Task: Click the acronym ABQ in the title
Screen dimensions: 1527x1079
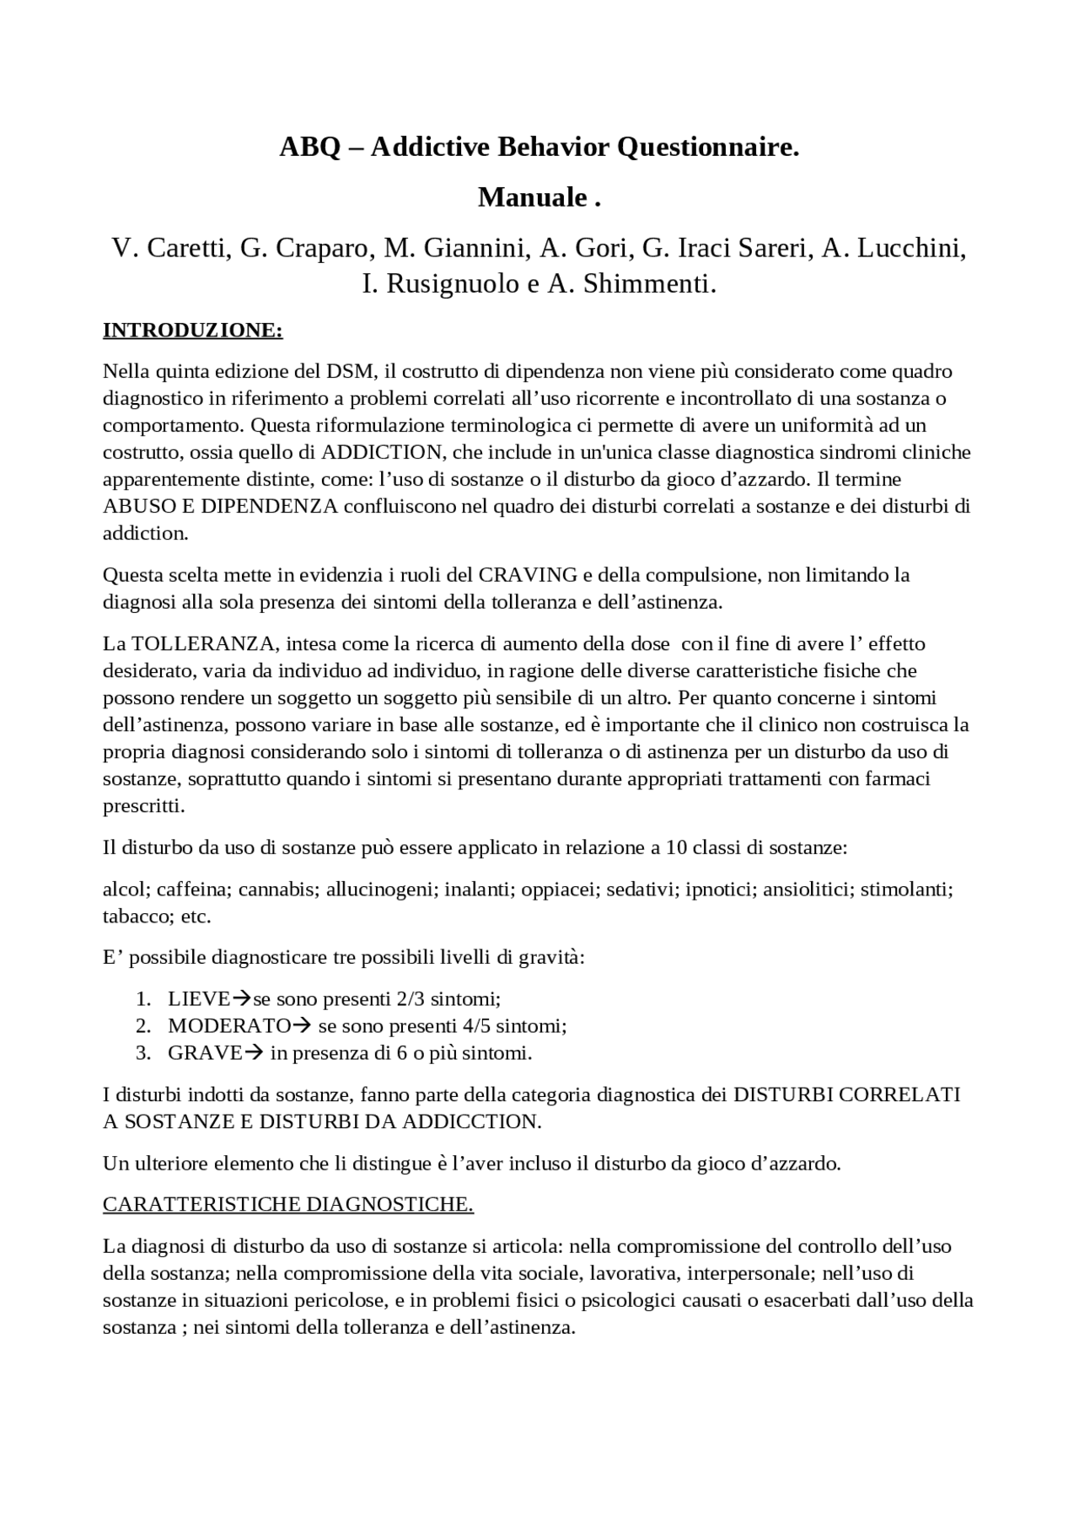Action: [x=309, y=148]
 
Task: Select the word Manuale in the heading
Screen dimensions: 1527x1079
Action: [x=533, y=197]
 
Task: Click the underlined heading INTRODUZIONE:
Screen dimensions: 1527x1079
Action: [x=192, y=330]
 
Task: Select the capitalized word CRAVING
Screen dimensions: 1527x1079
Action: [x=528, y=575]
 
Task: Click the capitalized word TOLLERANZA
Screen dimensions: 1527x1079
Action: [x=202, y=644]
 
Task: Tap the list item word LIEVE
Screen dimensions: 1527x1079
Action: [x=199, y=999]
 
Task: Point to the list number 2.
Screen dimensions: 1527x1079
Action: [x=143, y=1026]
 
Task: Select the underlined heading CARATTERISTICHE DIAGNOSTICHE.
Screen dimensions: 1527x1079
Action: [x=287, y=1204]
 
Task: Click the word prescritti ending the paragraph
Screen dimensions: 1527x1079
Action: [x=143, y=806]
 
